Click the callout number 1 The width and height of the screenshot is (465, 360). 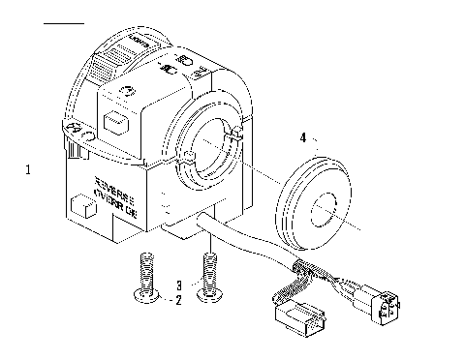point(29,170)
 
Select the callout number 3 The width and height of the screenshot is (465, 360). point(178,285)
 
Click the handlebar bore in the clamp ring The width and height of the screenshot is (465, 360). point(211,154)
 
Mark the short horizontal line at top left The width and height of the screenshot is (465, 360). point(65,21)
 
